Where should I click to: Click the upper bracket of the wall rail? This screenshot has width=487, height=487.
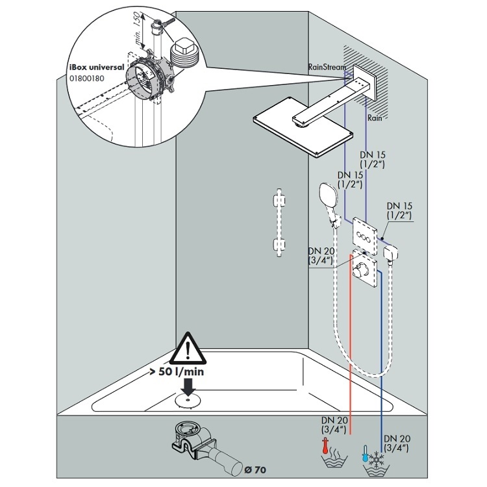coord(280,201)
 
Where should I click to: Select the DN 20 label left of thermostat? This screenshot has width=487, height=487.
coord(320,256)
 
